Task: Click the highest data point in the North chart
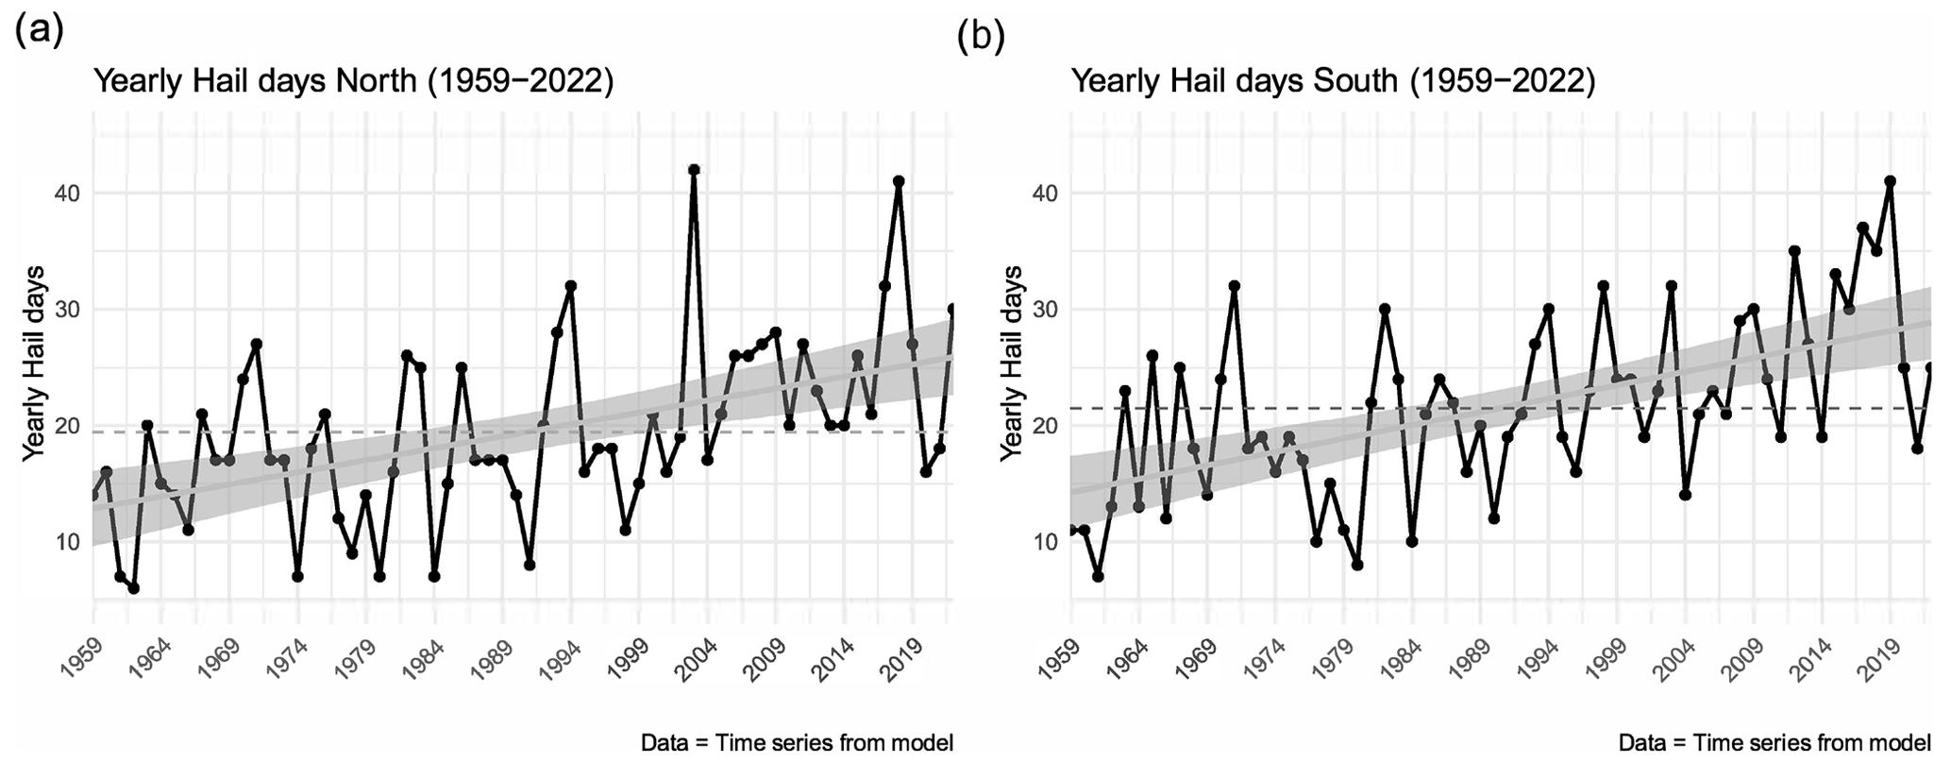coord(694,170)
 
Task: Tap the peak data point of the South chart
coord(1890,181)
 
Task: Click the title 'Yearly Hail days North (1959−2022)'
coord(354,82)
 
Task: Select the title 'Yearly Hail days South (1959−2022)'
coord(1333,82)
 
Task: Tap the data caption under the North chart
coord(797,742)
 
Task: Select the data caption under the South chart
coord(1774,742)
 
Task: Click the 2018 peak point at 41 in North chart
coord(899,181)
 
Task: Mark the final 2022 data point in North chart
coord(952,309)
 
